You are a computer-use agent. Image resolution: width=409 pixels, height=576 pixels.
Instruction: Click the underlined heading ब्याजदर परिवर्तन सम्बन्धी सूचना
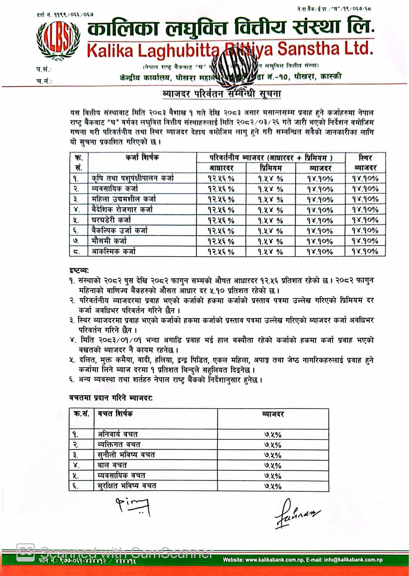coord(222,94)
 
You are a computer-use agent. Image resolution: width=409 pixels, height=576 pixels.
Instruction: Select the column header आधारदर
coord(221,168)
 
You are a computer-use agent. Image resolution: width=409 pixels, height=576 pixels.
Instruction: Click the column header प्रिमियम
coord(271,168)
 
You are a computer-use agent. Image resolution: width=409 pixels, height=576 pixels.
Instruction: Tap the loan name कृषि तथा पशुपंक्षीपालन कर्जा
coord(133,178)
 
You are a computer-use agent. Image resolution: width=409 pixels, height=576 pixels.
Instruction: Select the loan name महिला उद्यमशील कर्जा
coord(124,199)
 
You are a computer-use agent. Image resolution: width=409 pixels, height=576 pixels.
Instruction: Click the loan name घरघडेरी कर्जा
coord(111,220)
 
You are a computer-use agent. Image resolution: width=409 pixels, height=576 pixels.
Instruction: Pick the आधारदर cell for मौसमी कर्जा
coord(221,241)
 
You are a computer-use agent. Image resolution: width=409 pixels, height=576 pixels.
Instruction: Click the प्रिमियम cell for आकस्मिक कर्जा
coord(271,251)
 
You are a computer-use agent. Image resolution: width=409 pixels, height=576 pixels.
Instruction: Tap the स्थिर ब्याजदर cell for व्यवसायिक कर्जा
coord(365,189)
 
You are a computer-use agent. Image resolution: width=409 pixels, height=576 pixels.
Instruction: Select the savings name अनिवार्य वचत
coord(118,434)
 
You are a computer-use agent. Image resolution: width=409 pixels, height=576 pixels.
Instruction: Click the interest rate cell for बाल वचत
coord(273,465)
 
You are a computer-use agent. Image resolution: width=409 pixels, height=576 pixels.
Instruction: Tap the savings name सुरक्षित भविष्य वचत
coord(127,486)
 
